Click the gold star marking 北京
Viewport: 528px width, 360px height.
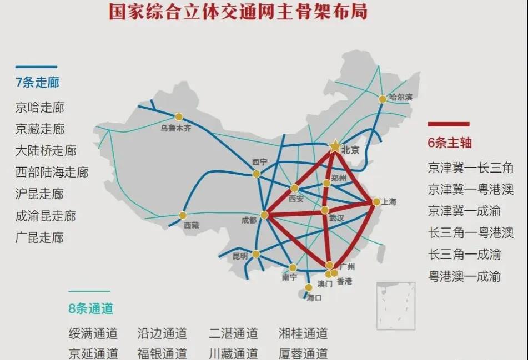point(335,146)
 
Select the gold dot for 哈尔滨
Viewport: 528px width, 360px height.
point(383,99)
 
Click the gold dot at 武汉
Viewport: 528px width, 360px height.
point(325,210)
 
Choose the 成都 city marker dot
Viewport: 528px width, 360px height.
point(264,215)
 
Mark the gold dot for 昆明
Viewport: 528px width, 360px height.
point(255,254)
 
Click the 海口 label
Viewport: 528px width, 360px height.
point(314,297)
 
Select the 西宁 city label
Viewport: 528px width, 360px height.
point(260,162)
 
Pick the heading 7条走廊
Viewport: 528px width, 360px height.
point(37,83)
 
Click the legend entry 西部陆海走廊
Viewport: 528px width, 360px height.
point(52,172)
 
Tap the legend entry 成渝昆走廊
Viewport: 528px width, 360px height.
point(46,216)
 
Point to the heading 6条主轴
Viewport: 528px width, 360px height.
point(450,142)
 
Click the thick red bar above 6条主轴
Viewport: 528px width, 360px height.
point(448,124)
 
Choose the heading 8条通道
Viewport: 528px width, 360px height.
point(91,308)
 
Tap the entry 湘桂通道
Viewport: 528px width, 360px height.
point(303,333)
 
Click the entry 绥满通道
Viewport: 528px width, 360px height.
point(93,333)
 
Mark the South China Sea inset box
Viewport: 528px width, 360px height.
point(395,306)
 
